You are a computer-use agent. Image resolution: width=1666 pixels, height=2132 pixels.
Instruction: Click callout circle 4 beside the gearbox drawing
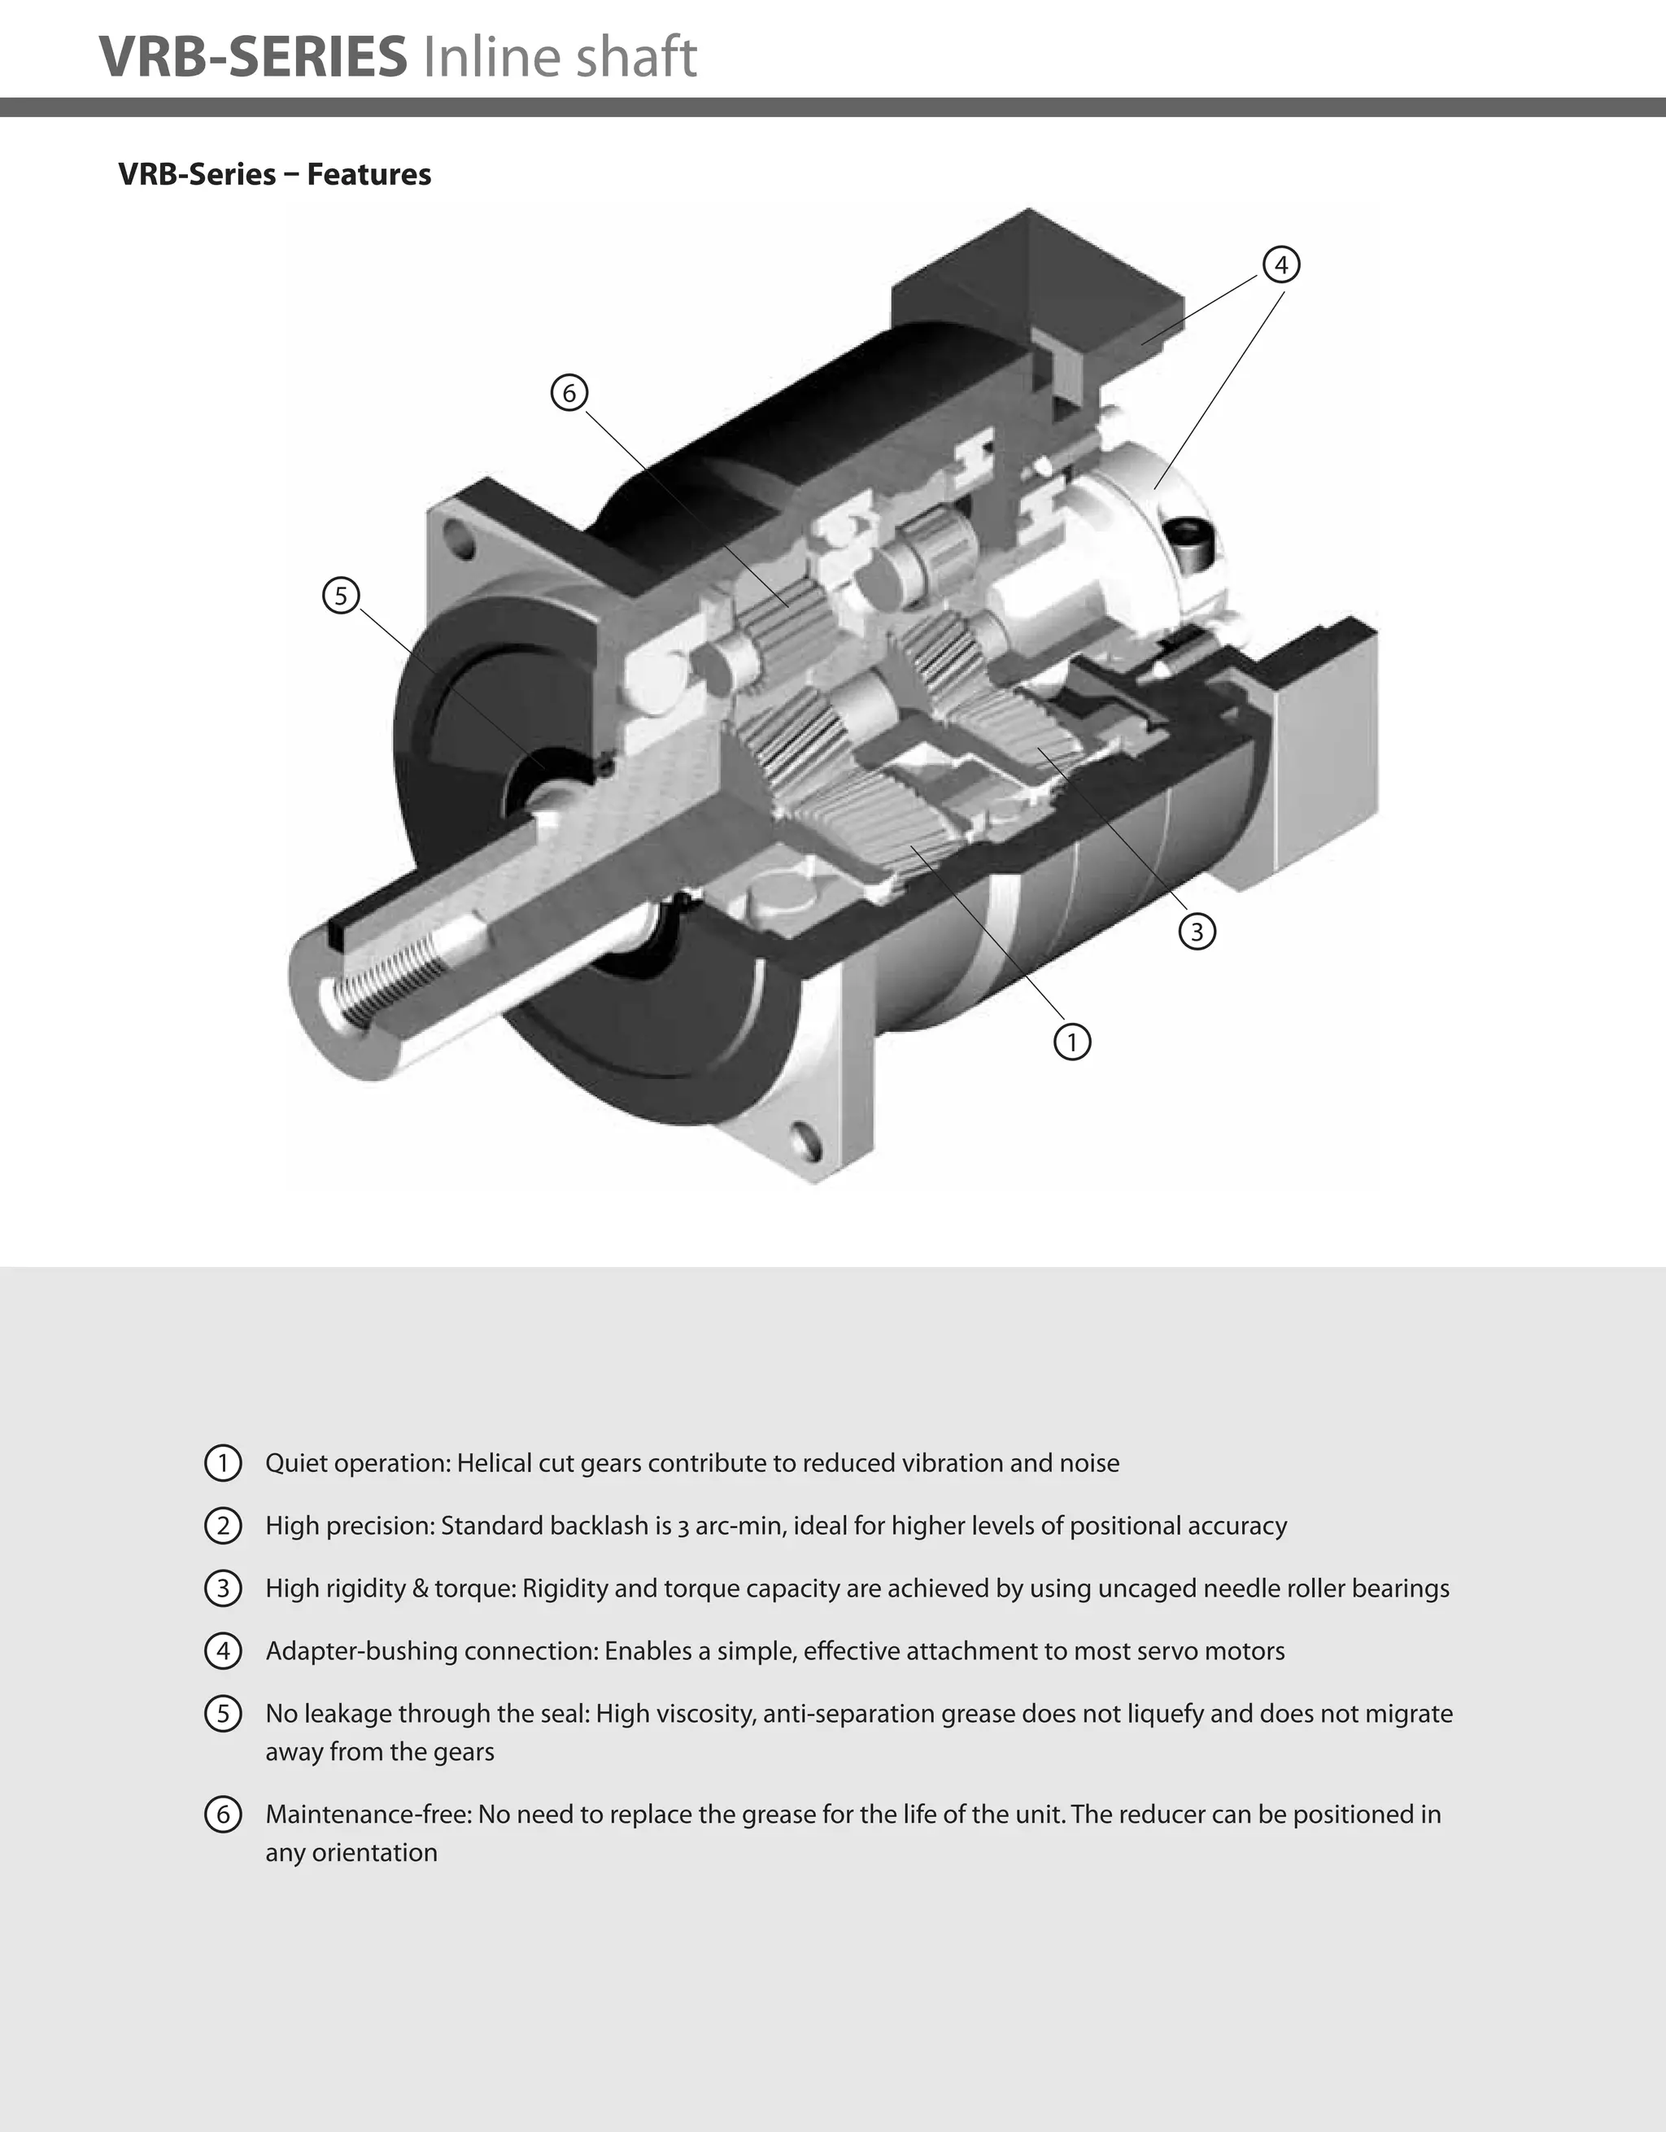pos(1280,264)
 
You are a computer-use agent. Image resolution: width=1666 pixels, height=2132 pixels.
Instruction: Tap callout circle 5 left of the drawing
pos(341,595)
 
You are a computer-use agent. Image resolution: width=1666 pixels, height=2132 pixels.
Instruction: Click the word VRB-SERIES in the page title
pos(254,57)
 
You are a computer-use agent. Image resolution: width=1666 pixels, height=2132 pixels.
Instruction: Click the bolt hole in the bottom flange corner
pos(807,1139)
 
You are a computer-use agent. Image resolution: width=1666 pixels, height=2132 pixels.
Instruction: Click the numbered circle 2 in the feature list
pos(223,1525)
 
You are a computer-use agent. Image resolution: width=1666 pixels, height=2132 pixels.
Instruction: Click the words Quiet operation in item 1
pos(356,1463)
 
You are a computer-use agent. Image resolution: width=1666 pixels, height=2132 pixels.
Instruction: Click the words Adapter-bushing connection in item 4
pos(430,1651)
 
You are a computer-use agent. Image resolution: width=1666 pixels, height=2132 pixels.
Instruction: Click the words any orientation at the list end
pos(351,1852)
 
